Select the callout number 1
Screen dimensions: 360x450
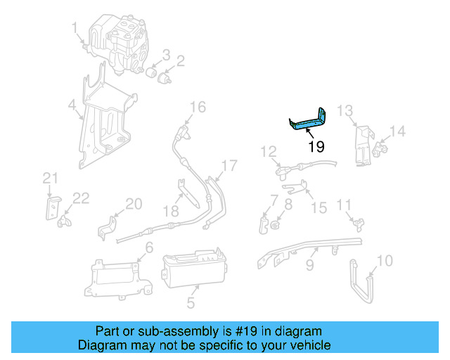click(x=75, y=27)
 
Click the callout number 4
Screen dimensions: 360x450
click(x=72, y=106)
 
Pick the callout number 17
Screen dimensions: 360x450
click(x=230, y=166)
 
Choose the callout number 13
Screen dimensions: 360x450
click(x=345, y=110)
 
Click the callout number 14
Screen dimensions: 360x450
click(x=398, y=130)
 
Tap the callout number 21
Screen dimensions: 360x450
click(x=49, y=177)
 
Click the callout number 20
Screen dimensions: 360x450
click(x=134, y=204)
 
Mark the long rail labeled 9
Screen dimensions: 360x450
click(x=309, y=247)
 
